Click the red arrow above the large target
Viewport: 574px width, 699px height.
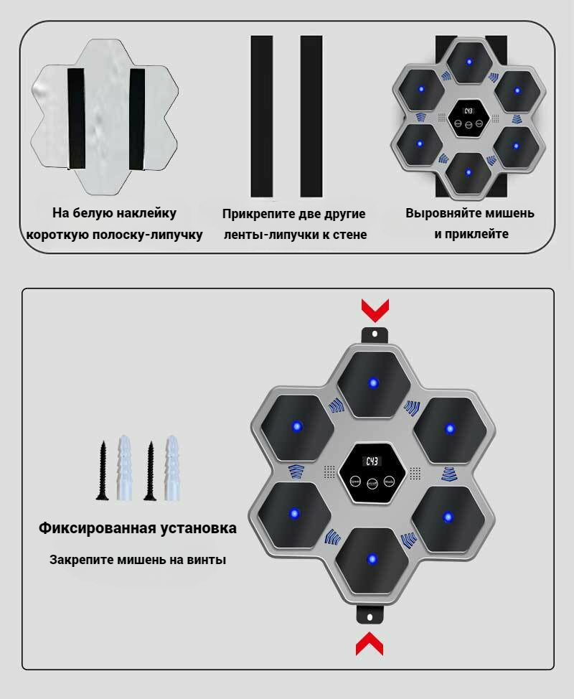[x=374, y=310]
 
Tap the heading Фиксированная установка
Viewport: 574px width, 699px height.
[x=138, y=529]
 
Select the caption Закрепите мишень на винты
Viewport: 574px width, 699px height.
[x=138, y=559]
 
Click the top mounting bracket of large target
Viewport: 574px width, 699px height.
[x=374, y=334]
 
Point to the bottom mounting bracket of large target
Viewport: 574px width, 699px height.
[x=370, y=615]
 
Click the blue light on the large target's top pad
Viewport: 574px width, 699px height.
[x=373, y=383]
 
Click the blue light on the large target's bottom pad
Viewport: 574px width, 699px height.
[x=371, y=559]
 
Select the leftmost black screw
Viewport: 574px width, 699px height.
[x=103, y=469]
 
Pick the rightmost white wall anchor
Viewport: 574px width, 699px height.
[x=171, y=467]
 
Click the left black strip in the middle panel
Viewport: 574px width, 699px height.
[x=261, y=116]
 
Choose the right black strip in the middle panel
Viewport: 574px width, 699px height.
[x=311, y=116]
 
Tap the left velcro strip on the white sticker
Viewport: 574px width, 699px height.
[x=76, y=119]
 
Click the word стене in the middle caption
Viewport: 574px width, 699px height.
[x=349, y=235]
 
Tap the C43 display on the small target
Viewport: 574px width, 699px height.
[x=469, y=111]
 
